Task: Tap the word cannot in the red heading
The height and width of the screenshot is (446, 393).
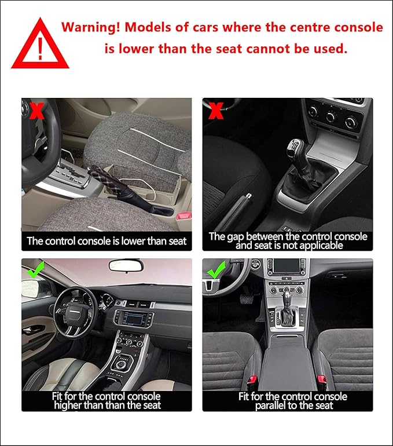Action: pyautogui.click(x=265, y=49)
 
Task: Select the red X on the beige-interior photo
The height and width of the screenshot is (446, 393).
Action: pyautogui.click(x=36, y=111)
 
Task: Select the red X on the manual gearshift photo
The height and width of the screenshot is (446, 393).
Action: pyautogui.click(x=216, y=111)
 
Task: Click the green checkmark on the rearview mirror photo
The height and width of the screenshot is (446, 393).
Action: pyautogui.click(x=36, y=270)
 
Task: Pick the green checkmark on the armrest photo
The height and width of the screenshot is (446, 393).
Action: pyautogui.click(x=216, y=270)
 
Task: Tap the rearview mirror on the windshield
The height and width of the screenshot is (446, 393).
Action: pyautogui.click(x=126, y=266)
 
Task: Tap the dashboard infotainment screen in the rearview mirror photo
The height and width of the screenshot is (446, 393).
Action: pyautogui.click(x=134, y=319)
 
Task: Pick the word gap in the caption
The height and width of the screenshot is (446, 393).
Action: pyautogui.click(x=236, y=237)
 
